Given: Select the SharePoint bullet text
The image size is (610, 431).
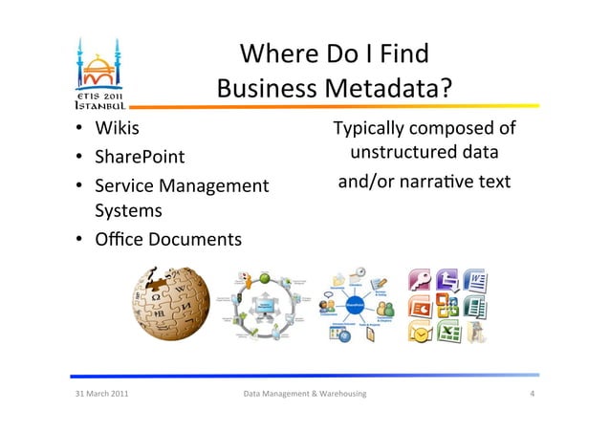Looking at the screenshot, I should pos(139,157).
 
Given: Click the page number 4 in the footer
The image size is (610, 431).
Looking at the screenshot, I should pos(531,394).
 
